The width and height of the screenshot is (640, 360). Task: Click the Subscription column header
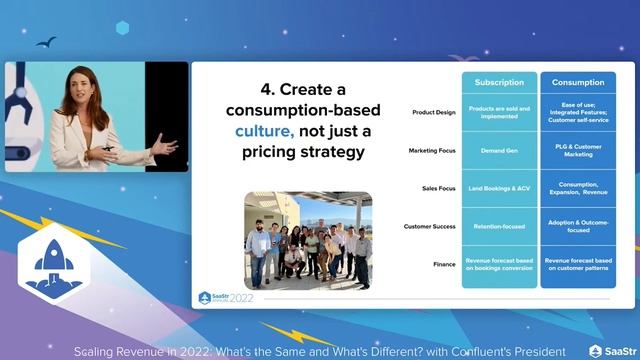(x=499, y=82)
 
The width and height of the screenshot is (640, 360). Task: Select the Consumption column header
(x=578, y=82)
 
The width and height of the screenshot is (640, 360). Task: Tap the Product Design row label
(x=433, y=112)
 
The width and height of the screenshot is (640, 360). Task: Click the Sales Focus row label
(x=437, y=188)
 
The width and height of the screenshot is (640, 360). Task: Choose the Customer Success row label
(x=429, y=226)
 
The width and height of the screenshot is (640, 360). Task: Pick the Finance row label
(x=444, y=264)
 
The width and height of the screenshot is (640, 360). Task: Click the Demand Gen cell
(x=499, y=150)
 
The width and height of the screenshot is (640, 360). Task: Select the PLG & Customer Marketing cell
(x=578, y=150)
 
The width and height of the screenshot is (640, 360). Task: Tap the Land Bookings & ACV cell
(x=499, y=188)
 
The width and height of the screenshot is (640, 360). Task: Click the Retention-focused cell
(x=499, y=226)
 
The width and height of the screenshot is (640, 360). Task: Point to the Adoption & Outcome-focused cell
(x=578, y=226)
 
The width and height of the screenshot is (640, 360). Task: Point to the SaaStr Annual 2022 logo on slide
(x=226, y=297)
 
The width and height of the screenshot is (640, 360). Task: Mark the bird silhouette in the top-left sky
(x=45, y=42)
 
